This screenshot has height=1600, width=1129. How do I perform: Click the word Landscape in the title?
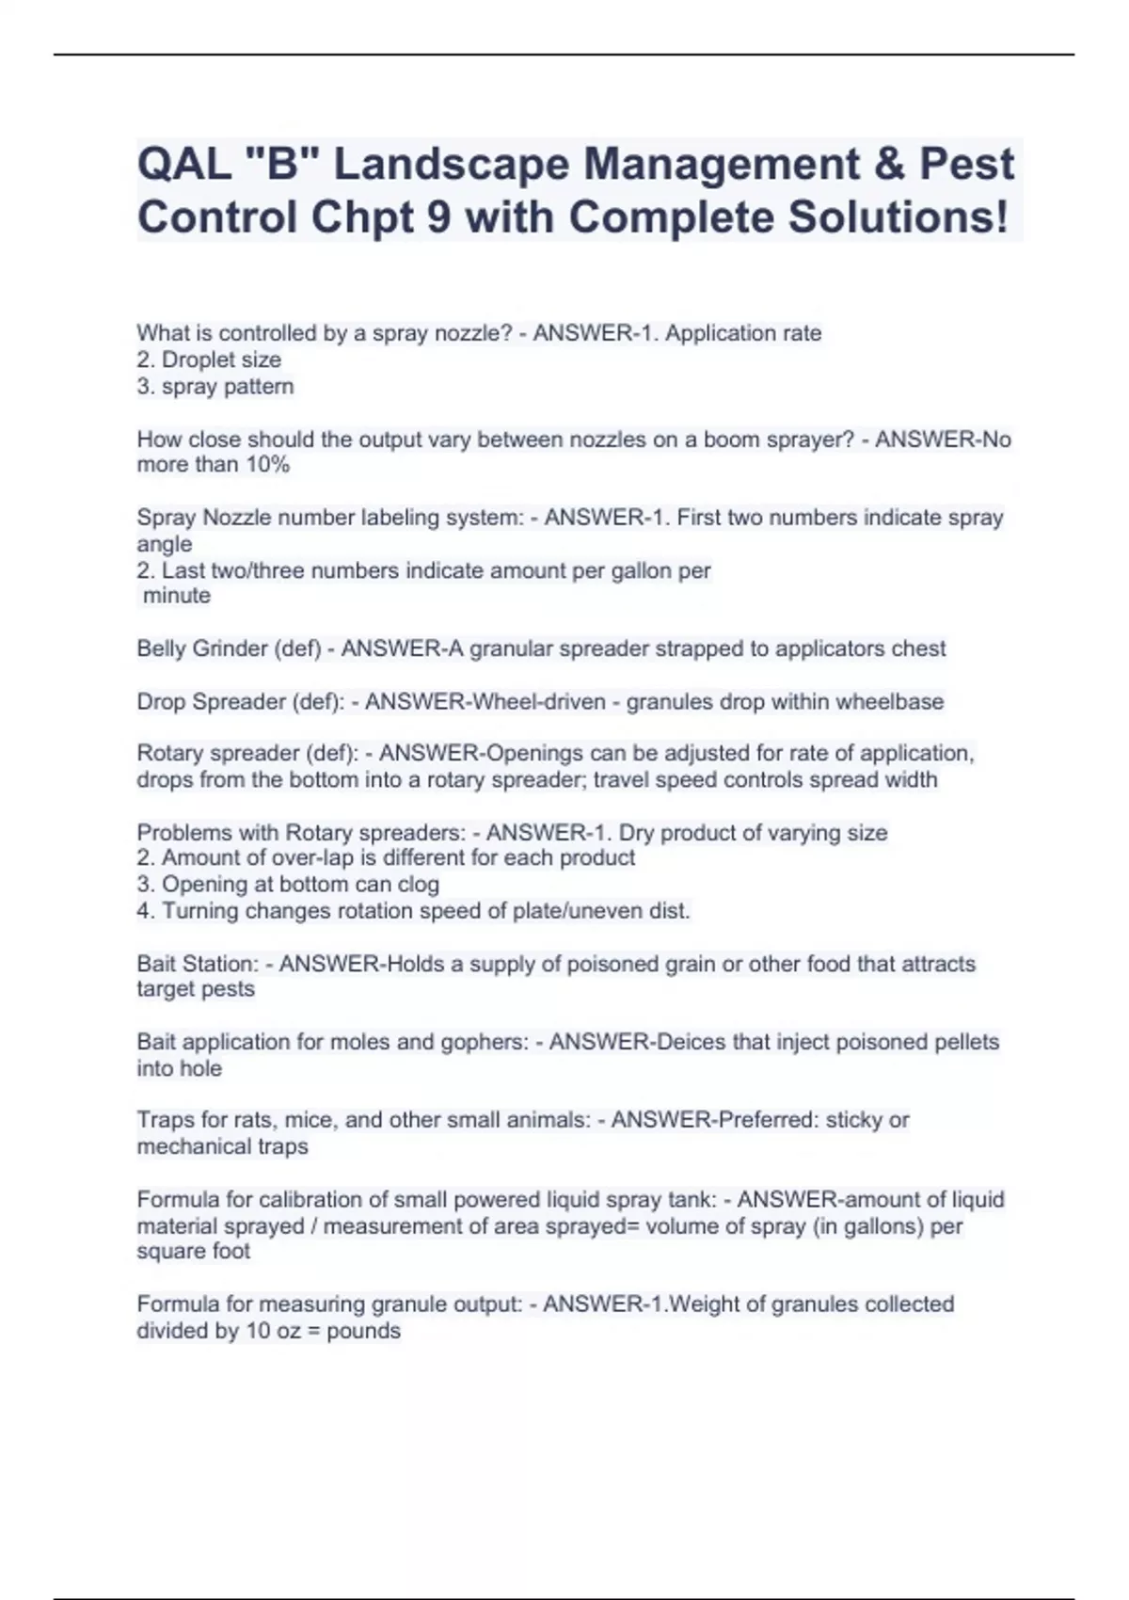point(451,165)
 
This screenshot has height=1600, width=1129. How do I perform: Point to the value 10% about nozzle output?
point(267,465)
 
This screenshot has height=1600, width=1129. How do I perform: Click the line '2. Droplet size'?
point(209,360)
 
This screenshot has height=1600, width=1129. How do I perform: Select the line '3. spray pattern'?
point(215,386)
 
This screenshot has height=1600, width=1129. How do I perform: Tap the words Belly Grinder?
point(201,648)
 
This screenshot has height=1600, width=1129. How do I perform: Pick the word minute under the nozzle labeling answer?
point(177,596)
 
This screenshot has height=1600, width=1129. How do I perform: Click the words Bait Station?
point(197,964)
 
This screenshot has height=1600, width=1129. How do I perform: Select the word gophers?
point(487,1042)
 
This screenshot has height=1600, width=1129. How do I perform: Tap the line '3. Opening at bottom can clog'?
point(288,885)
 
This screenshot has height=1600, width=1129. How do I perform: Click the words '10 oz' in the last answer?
point(273,1331)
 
